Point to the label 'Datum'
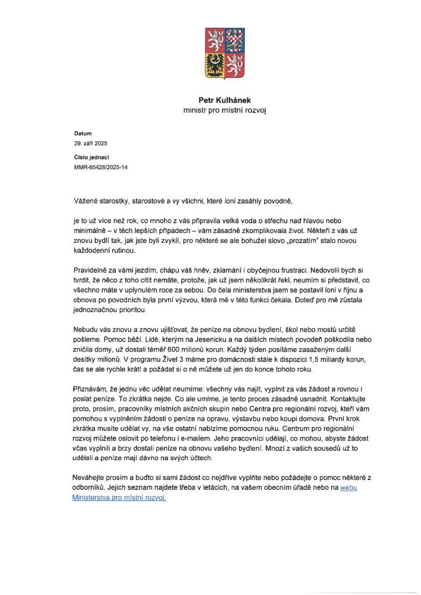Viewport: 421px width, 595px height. (83, 134)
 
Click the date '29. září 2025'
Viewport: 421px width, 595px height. (91, 143)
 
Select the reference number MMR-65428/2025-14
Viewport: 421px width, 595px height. (101, 167)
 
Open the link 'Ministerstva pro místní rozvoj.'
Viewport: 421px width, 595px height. (119, 498)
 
